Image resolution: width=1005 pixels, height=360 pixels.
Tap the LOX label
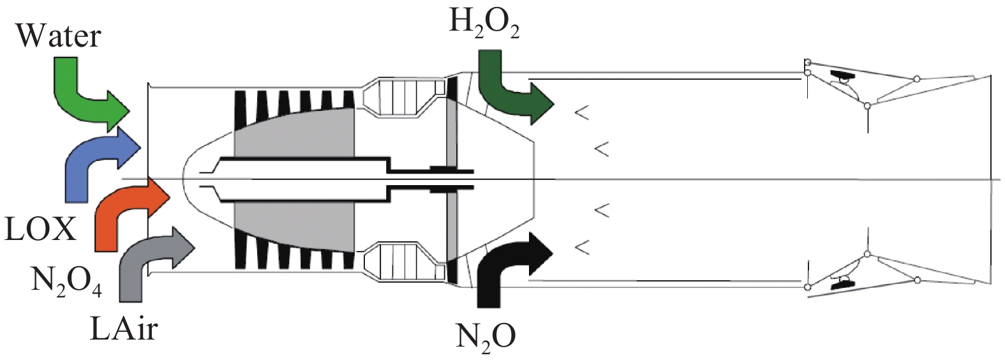[x=40, y=229]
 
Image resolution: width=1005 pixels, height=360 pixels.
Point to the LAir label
[x=124, y=328]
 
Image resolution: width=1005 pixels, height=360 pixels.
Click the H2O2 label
[x=484, y=23]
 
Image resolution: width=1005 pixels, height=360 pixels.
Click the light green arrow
[x=83, y=96]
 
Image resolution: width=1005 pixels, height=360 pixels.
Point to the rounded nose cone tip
[x=185, y=179]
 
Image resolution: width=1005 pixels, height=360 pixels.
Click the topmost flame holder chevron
[x=581, y=114]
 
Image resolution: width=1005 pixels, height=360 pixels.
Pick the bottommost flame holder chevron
[x=581, y=246]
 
